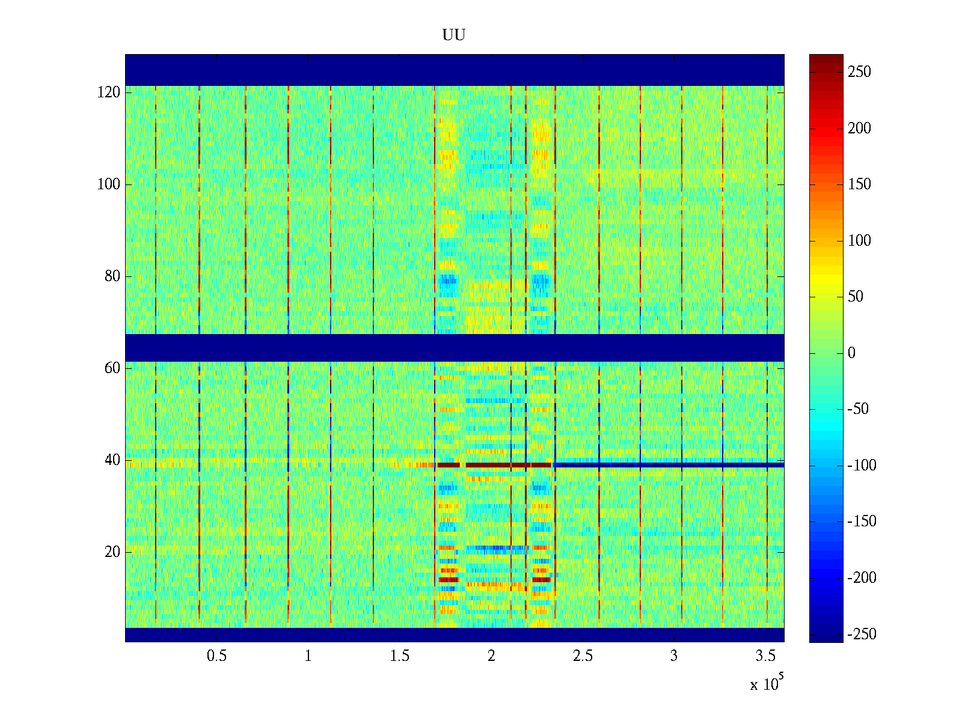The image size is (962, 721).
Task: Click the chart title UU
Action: pos(454,35)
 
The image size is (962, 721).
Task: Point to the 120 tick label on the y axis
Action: pos(109,93)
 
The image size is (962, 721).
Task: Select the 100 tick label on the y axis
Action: pos(109,184)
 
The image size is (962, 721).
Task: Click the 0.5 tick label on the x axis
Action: pos(216,656)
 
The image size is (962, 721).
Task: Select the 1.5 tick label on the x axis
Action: pos(400,656)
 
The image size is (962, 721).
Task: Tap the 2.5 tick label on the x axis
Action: pos(583,656)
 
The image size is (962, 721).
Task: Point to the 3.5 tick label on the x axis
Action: pos(765,656)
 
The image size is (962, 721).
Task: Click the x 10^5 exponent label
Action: pos(766,684)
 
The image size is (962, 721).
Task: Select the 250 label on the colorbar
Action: pos(859,72)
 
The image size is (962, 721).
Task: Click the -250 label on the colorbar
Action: pos(862,634)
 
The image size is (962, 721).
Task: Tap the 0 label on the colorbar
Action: pos(851,353)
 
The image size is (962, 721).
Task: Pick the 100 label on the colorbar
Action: pos(859,241)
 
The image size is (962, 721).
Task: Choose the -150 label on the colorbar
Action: pos(862,522)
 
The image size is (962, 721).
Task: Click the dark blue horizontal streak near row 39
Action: pos(667,465)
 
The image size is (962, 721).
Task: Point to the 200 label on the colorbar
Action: pos(859,129)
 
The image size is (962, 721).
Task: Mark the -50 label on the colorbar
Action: pos(858,409)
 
